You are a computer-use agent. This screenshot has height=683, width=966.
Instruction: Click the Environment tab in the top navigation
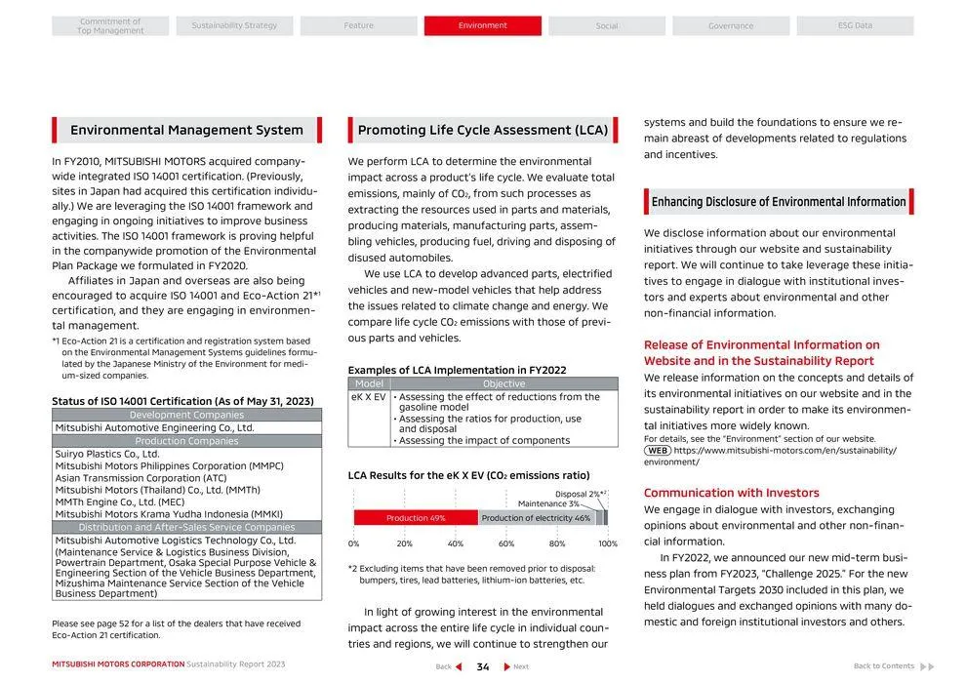[x=482, y=25]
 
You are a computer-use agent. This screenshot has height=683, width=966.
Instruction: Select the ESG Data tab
[x=855, y=25]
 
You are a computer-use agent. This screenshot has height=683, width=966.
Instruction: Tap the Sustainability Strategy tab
[x=234, y=25]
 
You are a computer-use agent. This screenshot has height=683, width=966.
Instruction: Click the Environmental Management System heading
[x=186, y=130]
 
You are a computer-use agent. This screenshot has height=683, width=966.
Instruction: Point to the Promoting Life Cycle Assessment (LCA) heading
[x=482, y=130]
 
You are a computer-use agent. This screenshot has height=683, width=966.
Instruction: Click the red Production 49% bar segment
[x=416, y=518]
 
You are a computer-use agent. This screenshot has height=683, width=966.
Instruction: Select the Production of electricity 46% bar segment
[x=536, y=518]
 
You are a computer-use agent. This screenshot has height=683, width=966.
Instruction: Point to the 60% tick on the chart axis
[x=506, y=543]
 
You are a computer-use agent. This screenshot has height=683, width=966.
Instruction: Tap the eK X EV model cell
[x=369, y=397]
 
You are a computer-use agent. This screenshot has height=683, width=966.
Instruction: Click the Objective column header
[x=503, y=384]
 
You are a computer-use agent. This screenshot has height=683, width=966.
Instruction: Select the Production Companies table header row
[x=186, y=441]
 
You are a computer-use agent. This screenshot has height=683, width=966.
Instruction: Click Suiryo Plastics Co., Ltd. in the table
[x=107, y=454]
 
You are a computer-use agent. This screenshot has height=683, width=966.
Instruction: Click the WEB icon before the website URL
[x=657, y=451]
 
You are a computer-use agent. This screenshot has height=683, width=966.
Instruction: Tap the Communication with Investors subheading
[x=731, y=493]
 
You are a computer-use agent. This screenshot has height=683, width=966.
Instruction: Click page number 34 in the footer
[x=482, y=666]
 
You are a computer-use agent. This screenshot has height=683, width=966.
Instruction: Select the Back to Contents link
[x=884, y=666]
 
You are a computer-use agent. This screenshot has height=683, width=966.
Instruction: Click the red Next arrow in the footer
[x=507, y=666]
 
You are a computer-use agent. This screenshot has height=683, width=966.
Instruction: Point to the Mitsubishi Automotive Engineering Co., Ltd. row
[x=154, y=427]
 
